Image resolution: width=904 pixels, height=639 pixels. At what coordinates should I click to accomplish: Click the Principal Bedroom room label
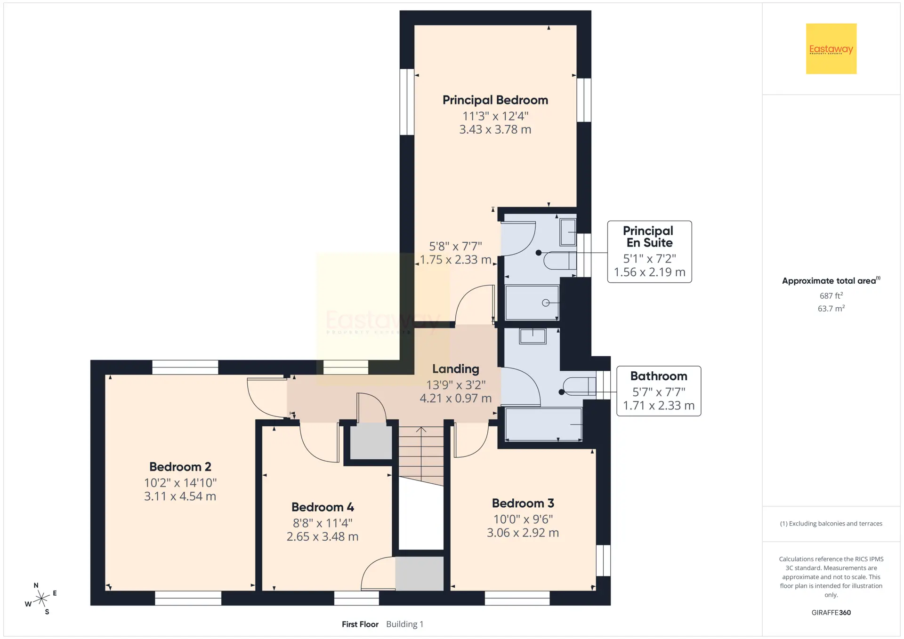point(495,100)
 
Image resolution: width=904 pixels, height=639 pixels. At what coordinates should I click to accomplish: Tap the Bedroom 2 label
point(180,467)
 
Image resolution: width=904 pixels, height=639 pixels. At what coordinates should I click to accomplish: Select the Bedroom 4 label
point(323,507)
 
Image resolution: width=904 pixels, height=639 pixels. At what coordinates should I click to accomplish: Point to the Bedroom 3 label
point(523,503)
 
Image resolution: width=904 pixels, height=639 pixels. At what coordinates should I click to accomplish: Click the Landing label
point(456,369)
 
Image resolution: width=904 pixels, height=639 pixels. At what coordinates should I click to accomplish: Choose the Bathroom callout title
point(659,376)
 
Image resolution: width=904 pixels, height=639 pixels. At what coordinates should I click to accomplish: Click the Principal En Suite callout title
point(648,237)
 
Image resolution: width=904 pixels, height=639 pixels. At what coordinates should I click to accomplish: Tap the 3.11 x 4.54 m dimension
point(180,496)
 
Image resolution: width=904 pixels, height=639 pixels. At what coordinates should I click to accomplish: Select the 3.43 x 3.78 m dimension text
point(495,129)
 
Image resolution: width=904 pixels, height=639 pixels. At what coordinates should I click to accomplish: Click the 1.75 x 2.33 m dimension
point(455,260)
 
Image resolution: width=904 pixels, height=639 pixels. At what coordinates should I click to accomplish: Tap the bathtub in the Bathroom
point(543,424)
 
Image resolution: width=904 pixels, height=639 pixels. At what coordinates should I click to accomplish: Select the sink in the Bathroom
point(533,336)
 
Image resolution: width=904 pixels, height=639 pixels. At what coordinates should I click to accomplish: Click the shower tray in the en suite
point(532,303)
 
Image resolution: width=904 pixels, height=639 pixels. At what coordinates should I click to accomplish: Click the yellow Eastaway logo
point(831,49)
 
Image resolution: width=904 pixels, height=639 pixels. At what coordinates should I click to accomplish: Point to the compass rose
point(41,599)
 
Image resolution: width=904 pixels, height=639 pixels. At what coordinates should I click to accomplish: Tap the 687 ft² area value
point(831,296)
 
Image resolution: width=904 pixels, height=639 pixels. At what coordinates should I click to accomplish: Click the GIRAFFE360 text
point(831,613)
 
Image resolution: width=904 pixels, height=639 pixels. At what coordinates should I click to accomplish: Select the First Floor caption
point(360,624)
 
